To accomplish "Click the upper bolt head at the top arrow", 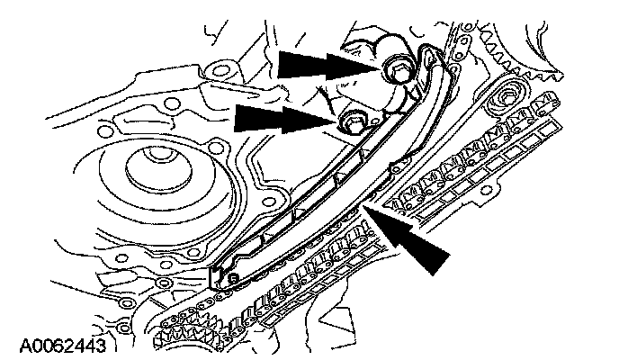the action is coord(397,68).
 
